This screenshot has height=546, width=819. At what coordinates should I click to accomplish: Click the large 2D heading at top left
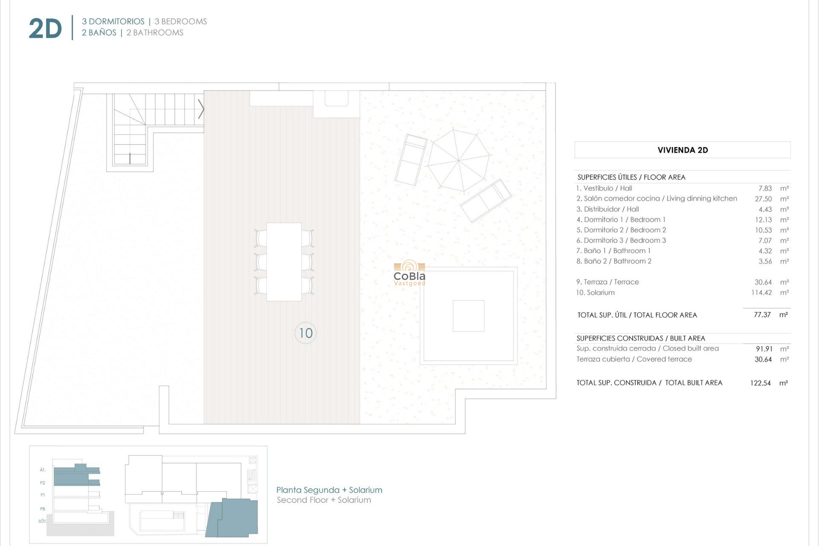(45, 29)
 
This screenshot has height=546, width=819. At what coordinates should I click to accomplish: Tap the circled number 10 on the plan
(305, 333)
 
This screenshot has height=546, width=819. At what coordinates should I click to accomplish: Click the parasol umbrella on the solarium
(459, 160)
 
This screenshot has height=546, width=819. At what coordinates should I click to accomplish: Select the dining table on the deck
(284, 262)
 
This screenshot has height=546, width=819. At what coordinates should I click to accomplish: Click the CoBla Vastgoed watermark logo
(409, 273)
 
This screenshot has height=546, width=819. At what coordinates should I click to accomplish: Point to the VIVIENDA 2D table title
(682, 150)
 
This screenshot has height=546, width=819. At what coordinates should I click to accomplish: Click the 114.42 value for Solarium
(761, 293)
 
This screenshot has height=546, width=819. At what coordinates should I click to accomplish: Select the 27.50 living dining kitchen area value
(763, 199)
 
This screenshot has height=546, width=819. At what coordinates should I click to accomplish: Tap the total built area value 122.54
(760, 383)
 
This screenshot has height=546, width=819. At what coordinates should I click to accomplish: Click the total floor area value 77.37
(762, 315)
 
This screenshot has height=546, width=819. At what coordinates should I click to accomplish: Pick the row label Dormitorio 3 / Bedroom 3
(621, 241)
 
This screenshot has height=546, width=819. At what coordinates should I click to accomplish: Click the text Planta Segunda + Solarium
(329, 490)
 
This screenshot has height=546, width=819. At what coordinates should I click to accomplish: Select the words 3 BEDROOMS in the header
(180, 21)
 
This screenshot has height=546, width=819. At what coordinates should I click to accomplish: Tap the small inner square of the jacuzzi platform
(468, 316)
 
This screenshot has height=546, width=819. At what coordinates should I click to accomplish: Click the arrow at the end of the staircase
(201, 109)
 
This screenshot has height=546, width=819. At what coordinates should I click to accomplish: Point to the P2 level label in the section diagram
(43, 483)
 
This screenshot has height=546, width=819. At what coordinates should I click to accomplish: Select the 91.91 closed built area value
(764, 349)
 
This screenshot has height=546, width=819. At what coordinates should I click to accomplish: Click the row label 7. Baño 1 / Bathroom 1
(613, 251)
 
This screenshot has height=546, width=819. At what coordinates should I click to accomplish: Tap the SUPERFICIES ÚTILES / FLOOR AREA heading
(631, 177)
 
